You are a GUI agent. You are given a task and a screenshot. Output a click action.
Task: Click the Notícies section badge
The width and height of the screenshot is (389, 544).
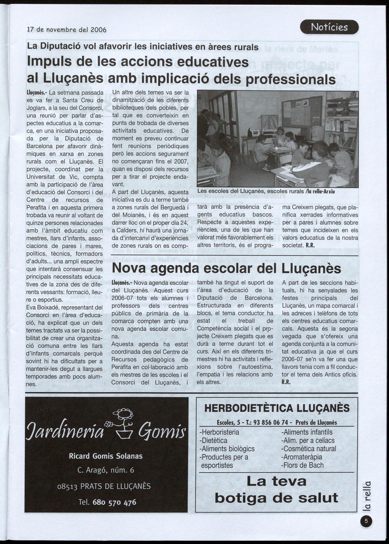pyautogui.click(x=329, y=27)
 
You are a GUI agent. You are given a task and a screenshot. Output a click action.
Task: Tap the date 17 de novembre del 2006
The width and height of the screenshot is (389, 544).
pyautogui.click(x=66, y=30)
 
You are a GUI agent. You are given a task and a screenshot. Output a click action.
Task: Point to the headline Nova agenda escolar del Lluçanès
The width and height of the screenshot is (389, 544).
pyautogui.click(x=226, y=268)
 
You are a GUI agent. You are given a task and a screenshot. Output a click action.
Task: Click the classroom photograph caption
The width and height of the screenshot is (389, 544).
pyautogui.click(x=266, y=191)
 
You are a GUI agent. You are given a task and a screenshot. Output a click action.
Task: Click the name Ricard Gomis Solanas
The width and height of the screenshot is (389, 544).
pyautogui.click(x=106, y=456)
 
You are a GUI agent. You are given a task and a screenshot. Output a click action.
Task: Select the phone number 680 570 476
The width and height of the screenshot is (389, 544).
pyautogui.click(x=114, y=502)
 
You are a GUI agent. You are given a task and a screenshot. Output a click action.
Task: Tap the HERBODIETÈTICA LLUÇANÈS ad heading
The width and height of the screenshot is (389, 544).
pyautogui.click(x=277, y=408)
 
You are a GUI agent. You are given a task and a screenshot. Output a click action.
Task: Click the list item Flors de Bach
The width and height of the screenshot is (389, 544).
pyautogui.click(x=303, y=465)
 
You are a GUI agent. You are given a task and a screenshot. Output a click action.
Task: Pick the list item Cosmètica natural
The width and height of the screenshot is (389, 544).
pyautogui.click(x=308, y=449)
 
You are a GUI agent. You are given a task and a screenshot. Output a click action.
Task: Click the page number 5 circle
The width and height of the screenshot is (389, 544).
pyautogui.click(x=366, y=522)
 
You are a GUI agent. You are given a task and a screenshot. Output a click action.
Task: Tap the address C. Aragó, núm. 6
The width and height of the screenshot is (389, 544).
pyautogui.click(x=106, y=470)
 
